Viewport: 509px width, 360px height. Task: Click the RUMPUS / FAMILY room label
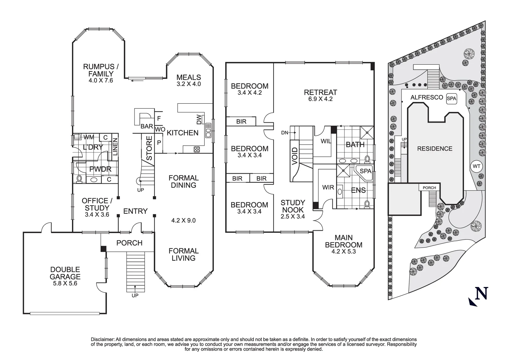click(x=98, y=70)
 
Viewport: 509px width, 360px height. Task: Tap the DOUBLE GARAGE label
click(x=65, y=273)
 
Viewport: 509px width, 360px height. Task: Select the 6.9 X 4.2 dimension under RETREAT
click(x=320, y=99)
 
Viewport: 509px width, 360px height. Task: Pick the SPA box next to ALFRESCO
click(x=451, y=98)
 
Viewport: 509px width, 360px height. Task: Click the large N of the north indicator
click(x=481, y=293)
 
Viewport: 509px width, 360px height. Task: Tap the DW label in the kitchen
click(x=199, y=119)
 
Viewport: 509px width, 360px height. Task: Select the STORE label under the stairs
click(x=149, y=148)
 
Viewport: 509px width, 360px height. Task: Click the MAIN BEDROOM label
click(x=343, y=241)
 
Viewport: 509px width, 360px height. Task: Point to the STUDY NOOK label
click(x=293, y=206)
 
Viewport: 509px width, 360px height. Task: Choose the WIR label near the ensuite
click(x=328, y=187)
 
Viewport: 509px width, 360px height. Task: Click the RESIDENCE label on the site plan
click(x=435, y=149)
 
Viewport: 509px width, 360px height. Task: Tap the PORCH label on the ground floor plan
click(x=129, y=243)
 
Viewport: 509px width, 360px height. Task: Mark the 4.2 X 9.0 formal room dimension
click(x=183, y=220)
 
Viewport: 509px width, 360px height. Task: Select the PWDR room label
click(x=100, y=169)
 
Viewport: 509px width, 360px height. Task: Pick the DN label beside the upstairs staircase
click(x=284, y=133)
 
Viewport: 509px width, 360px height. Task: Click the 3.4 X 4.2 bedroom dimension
click(x=250, y=93)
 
